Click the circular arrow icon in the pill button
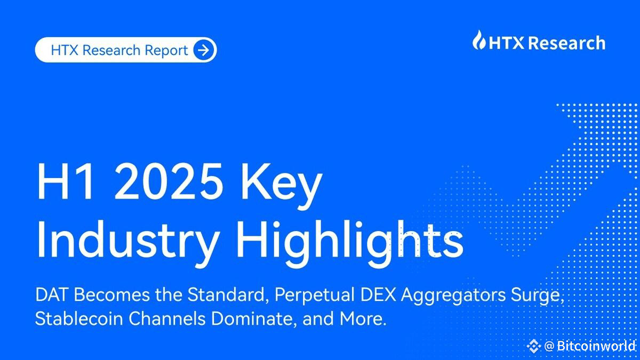203,50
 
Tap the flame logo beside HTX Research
479,40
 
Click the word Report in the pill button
166,51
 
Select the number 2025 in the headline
169,182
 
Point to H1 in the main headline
65,182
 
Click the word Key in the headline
282,186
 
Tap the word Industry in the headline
127,243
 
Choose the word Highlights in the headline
349,243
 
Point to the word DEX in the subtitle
378,294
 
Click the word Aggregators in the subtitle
453,296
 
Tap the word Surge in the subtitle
535,296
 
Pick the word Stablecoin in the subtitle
79,318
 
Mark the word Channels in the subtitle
167,318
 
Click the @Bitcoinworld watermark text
590,346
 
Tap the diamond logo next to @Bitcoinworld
533,346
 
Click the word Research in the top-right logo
567,43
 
